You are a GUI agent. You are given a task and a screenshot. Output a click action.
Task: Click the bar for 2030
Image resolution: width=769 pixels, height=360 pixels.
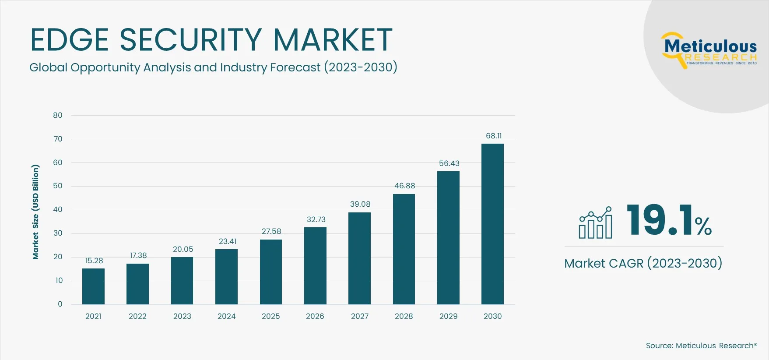492,224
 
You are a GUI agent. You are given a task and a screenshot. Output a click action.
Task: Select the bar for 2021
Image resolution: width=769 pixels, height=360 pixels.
93,286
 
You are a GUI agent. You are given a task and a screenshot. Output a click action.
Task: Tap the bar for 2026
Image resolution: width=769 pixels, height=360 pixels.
315,266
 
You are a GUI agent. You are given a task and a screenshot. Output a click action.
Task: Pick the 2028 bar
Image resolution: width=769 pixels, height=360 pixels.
404,249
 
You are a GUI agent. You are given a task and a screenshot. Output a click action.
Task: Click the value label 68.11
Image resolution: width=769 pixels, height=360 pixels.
493,136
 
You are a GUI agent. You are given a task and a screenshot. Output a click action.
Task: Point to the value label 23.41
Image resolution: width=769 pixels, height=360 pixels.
228,241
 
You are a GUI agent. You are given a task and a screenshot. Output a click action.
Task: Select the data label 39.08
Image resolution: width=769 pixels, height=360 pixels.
360,204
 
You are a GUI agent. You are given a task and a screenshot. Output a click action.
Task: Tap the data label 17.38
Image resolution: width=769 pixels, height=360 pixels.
138,255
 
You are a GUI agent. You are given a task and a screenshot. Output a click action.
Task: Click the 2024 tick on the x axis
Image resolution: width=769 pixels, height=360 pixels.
226,316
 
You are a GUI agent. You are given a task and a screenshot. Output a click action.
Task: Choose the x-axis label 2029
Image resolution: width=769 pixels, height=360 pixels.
448,316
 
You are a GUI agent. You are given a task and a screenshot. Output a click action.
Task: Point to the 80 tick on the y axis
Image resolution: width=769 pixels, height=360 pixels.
58,115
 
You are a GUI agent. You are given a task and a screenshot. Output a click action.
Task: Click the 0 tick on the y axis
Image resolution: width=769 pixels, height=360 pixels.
60,304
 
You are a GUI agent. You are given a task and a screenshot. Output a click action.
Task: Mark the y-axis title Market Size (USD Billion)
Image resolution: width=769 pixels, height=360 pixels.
35,212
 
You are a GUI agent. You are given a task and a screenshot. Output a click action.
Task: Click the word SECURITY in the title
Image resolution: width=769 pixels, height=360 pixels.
191,40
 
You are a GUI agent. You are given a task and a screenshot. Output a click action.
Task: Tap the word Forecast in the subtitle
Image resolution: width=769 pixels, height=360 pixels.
295,67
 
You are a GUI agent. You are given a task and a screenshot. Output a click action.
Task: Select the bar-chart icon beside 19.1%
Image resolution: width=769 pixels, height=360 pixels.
595,223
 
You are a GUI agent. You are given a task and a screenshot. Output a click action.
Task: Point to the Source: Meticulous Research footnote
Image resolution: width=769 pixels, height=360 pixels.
701,346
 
